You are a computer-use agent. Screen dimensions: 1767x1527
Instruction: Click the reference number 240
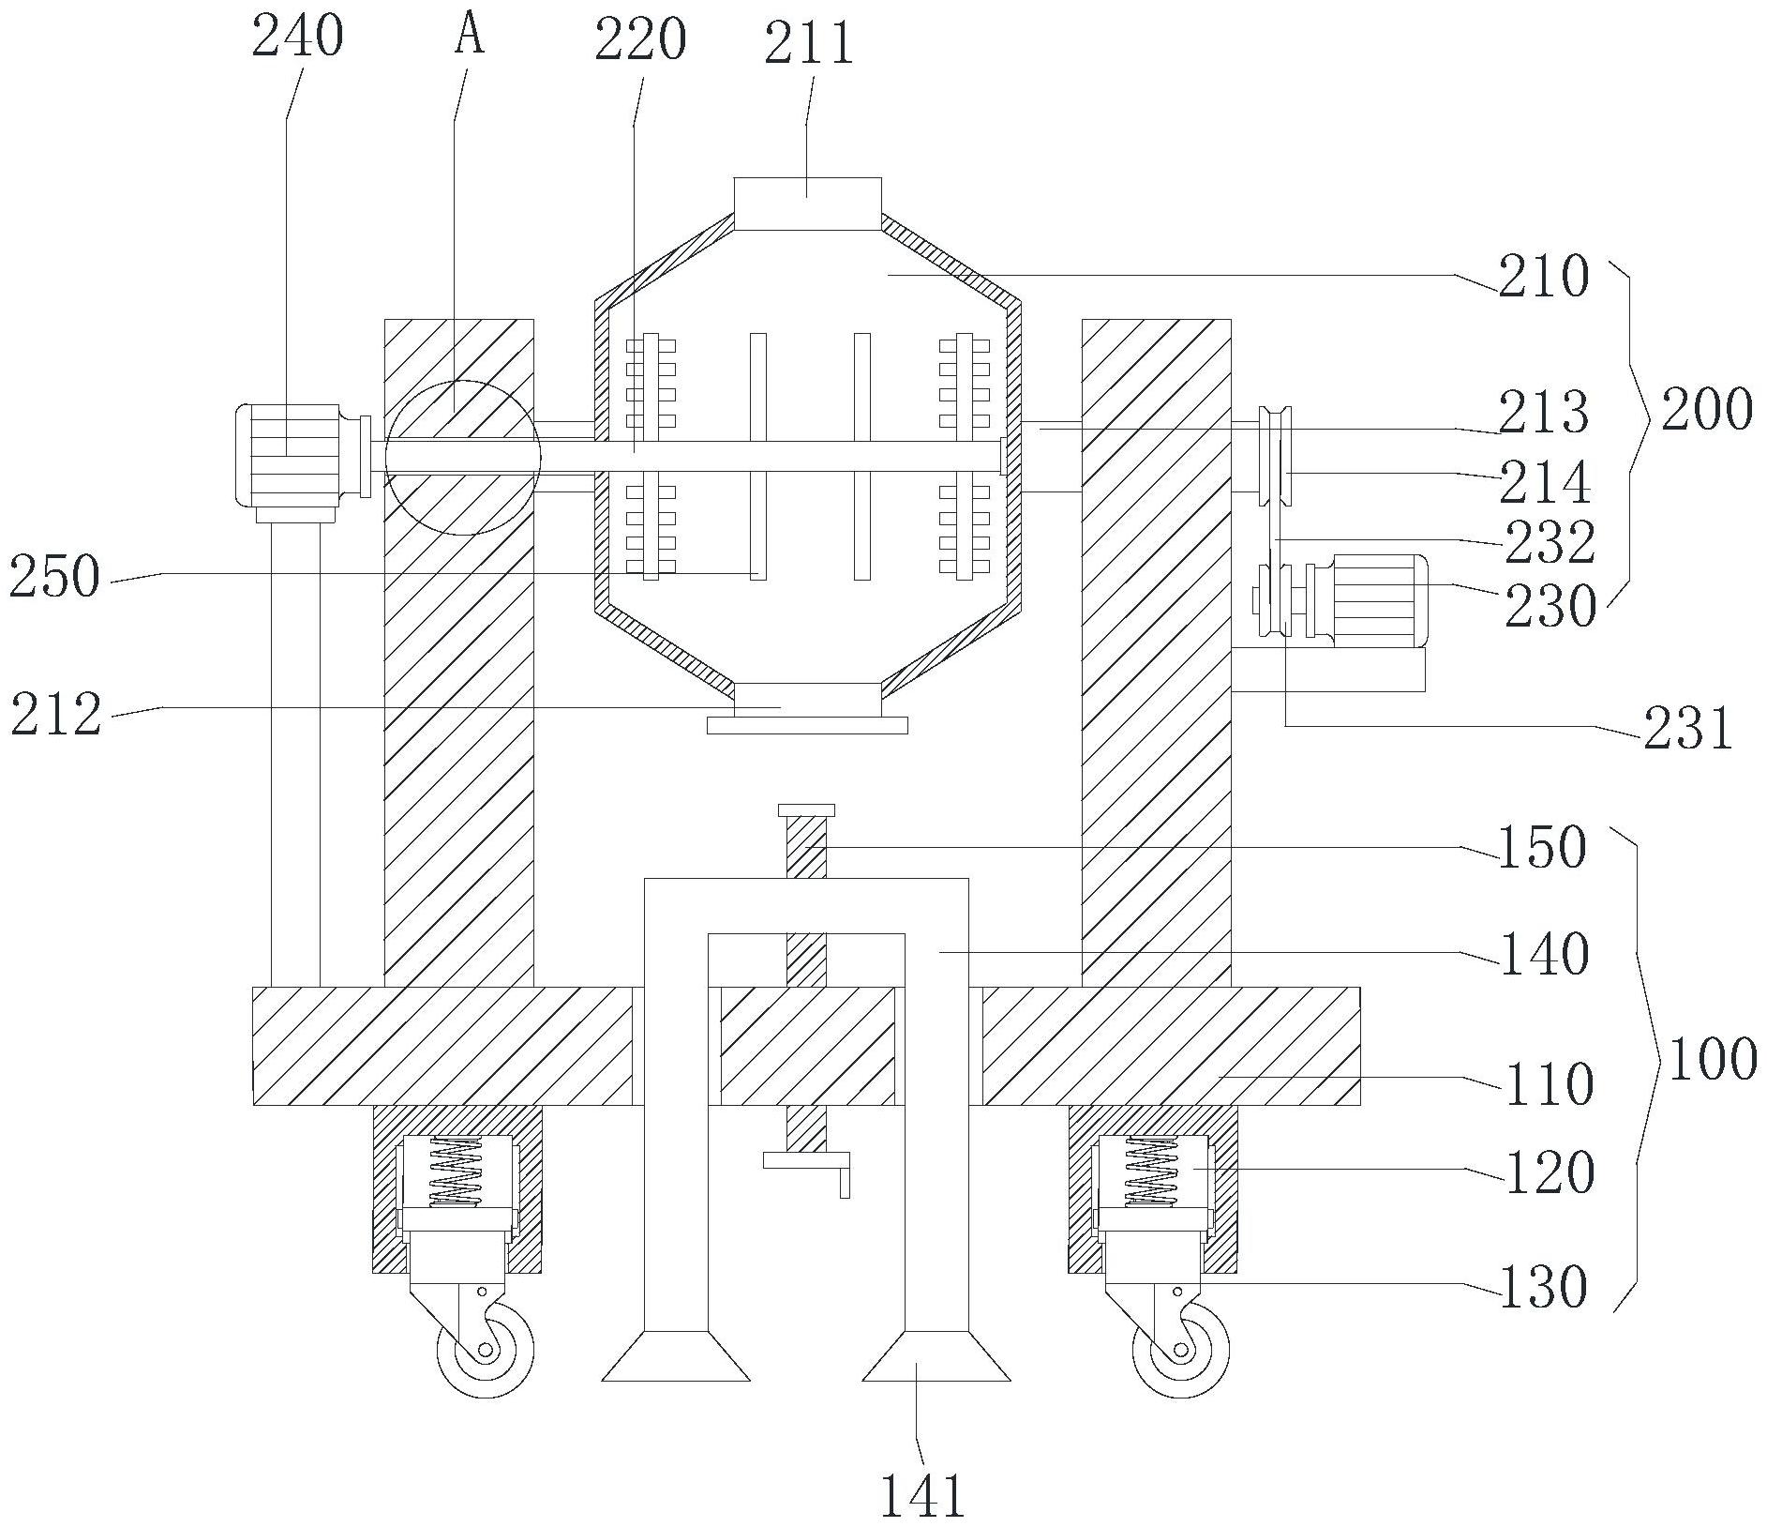298,38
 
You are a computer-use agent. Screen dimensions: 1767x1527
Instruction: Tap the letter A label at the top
469,35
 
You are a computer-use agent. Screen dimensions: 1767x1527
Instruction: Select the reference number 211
809,43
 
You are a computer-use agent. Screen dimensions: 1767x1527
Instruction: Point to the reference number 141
922,1495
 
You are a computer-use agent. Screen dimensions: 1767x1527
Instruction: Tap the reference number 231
1687,730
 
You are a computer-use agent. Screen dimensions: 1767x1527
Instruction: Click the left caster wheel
486,1350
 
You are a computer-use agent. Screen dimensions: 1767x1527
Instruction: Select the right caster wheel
1181,1350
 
